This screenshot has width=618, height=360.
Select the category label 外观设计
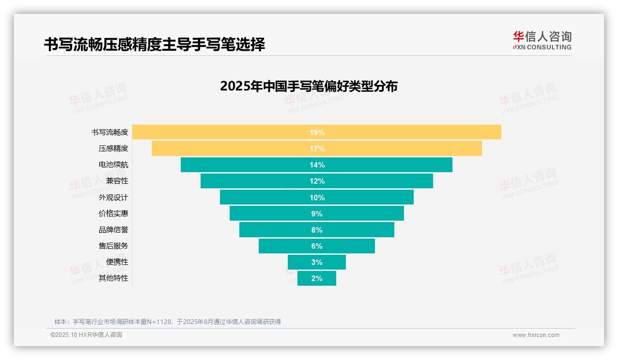pos(113,198)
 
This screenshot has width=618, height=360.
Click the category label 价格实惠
pos(113,214)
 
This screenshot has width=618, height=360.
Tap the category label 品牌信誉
pos(113,230)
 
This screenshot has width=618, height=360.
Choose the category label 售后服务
pos(113,246)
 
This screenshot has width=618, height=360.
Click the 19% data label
pos(317,132)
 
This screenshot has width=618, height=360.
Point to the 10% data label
pos(317,198)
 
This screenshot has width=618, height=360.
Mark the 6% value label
pos(317,246)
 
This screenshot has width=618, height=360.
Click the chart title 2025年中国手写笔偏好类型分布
pos(309,86)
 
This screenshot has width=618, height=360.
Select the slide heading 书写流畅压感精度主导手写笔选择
pos(154,44)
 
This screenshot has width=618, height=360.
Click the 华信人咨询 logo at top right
pos(542,40)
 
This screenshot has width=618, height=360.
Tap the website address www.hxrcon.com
pos(536,335)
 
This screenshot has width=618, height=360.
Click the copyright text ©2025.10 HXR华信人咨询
pos(86,335)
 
